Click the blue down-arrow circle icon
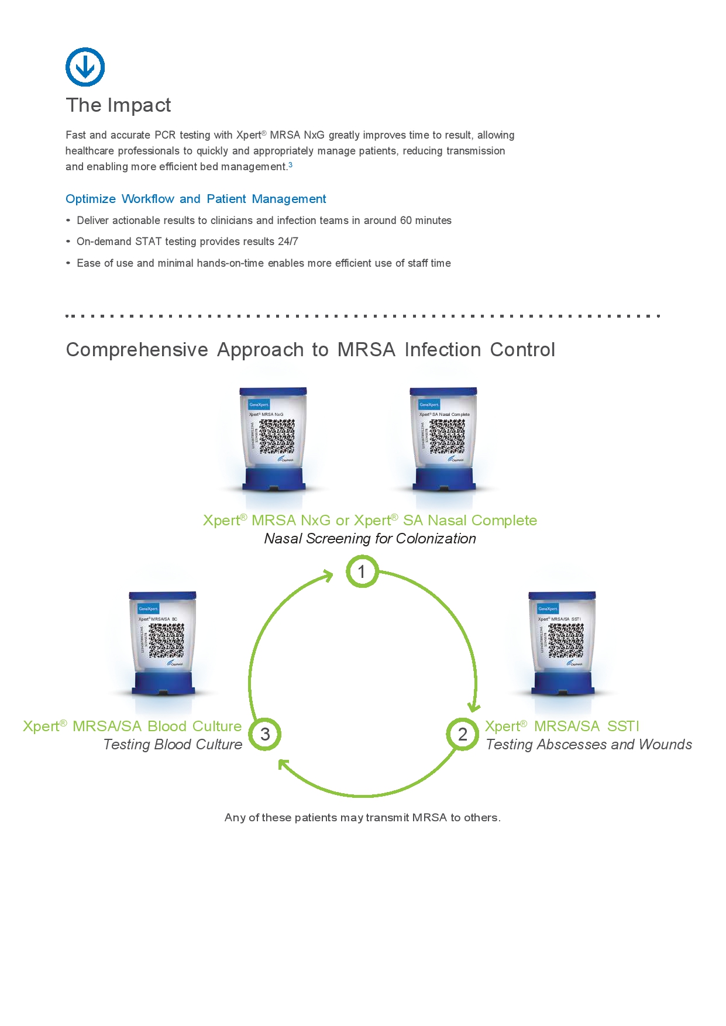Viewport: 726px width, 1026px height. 85,67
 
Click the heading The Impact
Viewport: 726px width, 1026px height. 118,105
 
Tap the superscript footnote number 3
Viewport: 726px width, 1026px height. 291,165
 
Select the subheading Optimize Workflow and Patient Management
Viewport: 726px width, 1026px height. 195,199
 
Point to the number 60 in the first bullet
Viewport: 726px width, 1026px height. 406,221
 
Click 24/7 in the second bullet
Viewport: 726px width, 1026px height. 288,242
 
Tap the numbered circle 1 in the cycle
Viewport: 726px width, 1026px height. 362,571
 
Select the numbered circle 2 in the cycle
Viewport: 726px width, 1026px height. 462,734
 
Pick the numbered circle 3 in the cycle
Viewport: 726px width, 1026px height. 265,734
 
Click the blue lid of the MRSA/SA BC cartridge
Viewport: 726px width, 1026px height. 162,596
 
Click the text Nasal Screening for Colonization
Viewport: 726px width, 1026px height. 370,539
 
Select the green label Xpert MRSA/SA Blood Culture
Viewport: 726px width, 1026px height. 132,726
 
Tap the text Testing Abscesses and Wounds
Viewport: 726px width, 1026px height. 589,745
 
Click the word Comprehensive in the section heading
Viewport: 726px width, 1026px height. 137,350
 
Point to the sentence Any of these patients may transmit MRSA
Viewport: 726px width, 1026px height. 362,818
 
